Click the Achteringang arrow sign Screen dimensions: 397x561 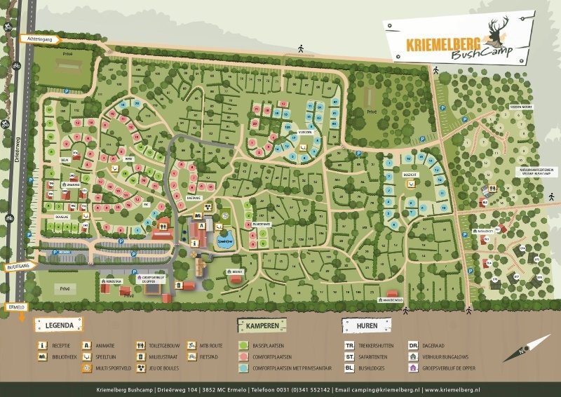click(x=40, y=41)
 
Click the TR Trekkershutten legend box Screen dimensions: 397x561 click(x=349, y=345)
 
